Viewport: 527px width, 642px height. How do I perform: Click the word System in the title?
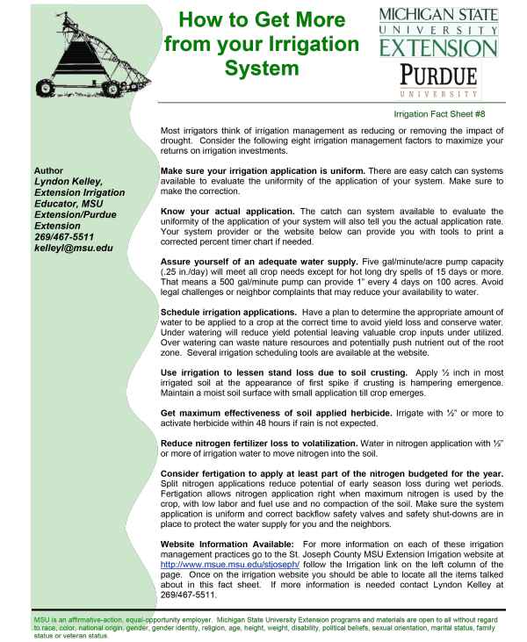click(x=262, y=69)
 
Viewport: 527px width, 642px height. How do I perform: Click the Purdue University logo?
click(x=438, y=80)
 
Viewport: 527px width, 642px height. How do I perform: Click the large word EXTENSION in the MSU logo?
click(x=438, y=47)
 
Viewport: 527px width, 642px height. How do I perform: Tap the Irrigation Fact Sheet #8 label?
click(x=439, y=114)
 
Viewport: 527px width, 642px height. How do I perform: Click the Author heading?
click(x=48, y=170)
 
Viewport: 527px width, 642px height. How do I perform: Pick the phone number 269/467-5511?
click(x=63, y=237)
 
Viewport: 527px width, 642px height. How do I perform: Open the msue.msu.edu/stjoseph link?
click(x=230, y=564)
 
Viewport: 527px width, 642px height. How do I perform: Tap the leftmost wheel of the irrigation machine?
click(x=46, y=87)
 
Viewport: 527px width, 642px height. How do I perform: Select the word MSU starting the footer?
click(x=42, y=620)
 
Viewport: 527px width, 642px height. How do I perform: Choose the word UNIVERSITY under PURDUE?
click(x=438, y=92)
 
